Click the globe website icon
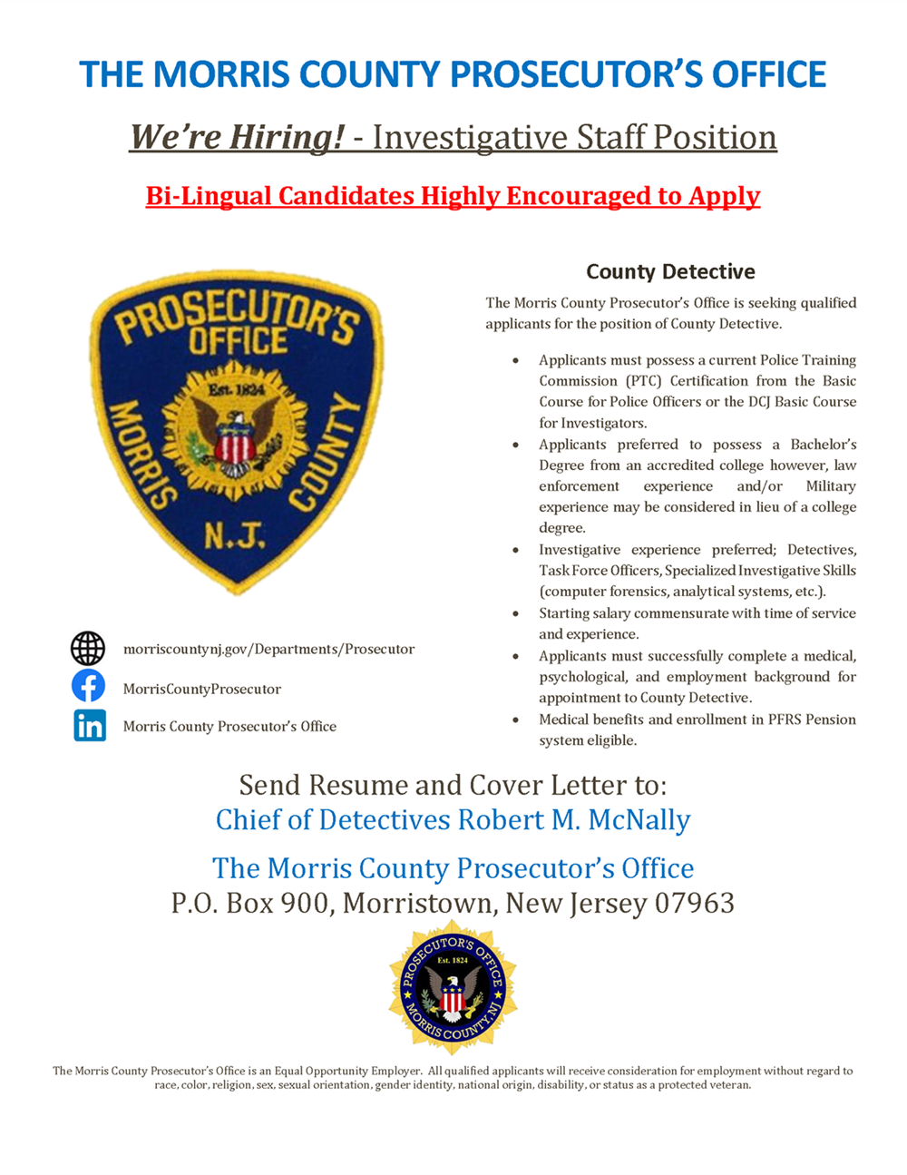pyautogui.click(x=88, y=649)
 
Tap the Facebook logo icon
pyautogui.click(x=88, y=686)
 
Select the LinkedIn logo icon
pyautogui.click(x=90, y=726)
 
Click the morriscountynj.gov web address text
pyautogui.click(x=268, y=650)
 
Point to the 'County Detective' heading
pyautogui.click(x=670, y=271)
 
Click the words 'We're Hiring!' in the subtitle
pyautogui.click(x=237, y=137)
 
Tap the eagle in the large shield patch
pyautogui.click(x=235, y=439)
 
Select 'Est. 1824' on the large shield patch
pyautogui.click(x=236, y=390)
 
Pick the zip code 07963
pyautogui.click(x=695, y=904)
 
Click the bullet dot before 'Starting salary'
pyautogui.click(x=516, y=614)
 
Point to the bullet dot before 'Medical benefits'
pyautogui.click(x=516, y=720)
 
